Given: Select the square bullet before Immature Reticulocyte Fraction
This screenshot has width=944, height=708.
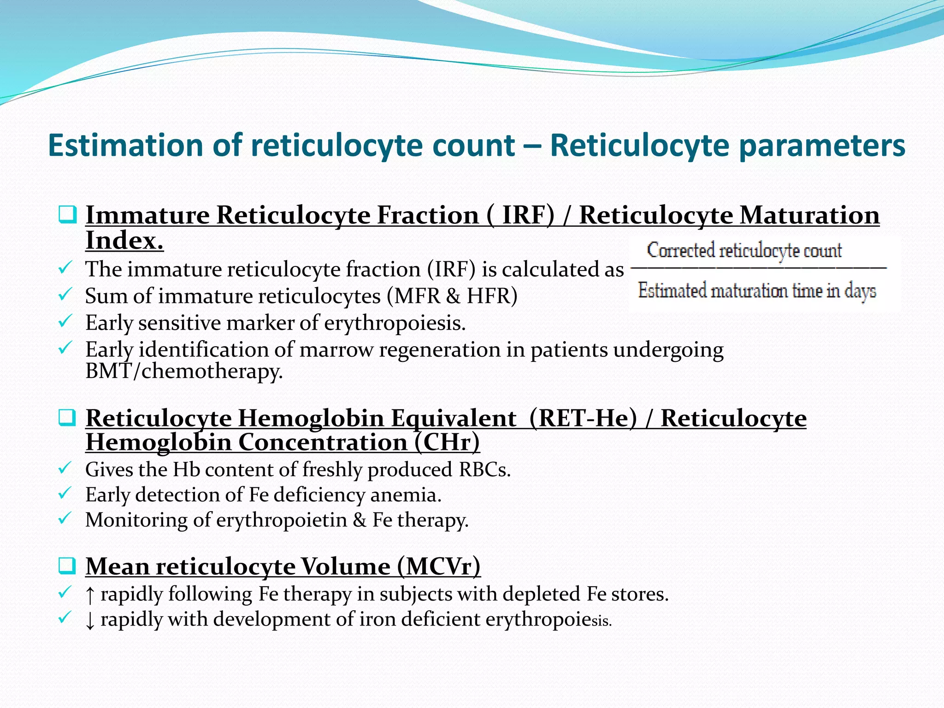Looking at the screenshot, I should [67, 215].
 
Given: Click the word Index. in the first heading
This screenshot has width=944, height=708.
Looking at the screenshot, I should [124, 241].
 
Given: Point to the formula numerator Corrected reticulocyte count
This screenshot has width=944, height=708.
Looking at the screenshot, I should [744, 251].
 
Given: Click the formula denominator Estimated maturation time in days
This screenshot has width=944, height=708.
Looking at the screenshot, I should [757, 291].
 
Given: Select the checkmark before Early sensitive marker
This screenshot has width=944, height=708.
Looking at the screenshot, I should [65, 321].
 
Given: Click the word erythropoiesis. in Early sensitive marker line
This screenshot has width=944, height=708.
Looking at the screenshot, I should [395, 323].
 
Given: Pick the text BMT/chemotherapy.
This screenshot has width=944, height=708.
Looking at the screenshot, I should [184, 372].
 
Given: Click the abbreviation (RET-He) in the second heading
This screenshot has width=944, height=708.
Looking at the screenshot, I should [583, 419].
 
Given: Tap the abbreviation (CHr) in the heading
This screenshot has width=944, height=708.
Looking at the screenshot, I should [447, 442].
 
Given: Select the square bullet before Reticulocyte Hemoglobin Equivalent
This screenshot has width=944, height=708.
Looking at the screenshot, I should [67, 418].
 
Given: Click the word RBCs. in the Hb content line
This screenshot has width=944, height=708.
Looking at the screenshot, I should [484, 470].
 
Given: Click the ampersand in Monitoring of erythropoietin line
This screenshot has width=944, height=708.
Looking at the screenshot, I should [360, 520].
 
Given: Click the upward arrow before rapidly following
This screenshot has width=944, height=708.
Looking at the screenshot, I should [90, 595].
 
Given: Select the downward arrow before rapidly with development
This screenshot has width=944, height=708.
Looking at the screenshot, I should [90, 620].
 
